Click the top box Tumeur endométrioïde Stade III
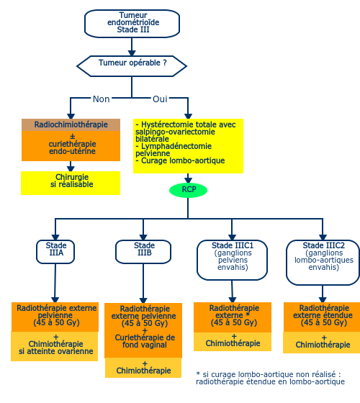pos(132,24)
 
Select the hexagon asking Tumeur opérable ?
pos(132,66)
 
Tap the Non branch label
pos(102,99)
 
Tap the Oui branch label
pos(160,99)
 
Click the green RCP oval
pos(188,190)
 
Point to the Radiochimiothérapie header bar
pos(71,124)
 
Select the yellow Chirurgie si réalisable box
pos(71,183)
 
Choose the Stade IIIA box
pos(55,252)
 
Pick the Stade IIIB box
pos(143,252)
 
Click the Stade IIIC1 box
pos(232,260)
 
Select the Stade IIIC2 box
pos(323,263)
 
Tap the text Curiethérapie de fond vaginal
pos(145,341)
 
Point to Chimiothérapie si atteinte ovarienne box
pos(55,346)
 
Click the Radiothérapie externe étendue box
pos(322,317)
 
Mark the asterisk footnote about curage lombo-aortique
pos(270,378)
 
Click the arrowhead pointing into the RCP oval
pos(188,180)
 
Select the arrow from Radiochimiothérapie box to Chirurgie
pos(71,166)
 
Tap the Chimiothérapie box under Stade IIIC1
pos(233,342)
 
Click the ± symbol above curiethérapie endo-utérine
pos(73,136)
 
